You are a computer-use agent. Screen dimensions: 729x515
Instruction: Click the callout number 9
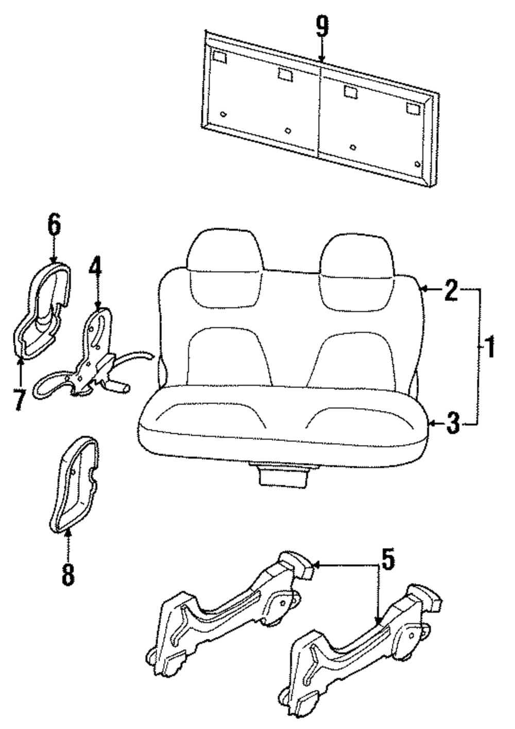point(322,26)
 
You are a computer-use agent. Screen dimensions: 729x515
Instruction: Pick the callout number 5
point(387,560)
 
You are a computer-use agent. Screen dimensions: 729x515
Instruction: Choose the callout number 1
point(489,348)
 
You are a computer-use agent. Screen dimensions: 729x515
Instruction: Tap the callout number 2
point(451,291)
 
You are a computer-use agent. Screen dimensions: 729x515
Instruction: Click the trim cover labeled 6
point(41,309)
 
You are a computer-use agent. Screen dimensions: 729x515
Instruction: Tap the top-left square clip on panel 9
point(219,57)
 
